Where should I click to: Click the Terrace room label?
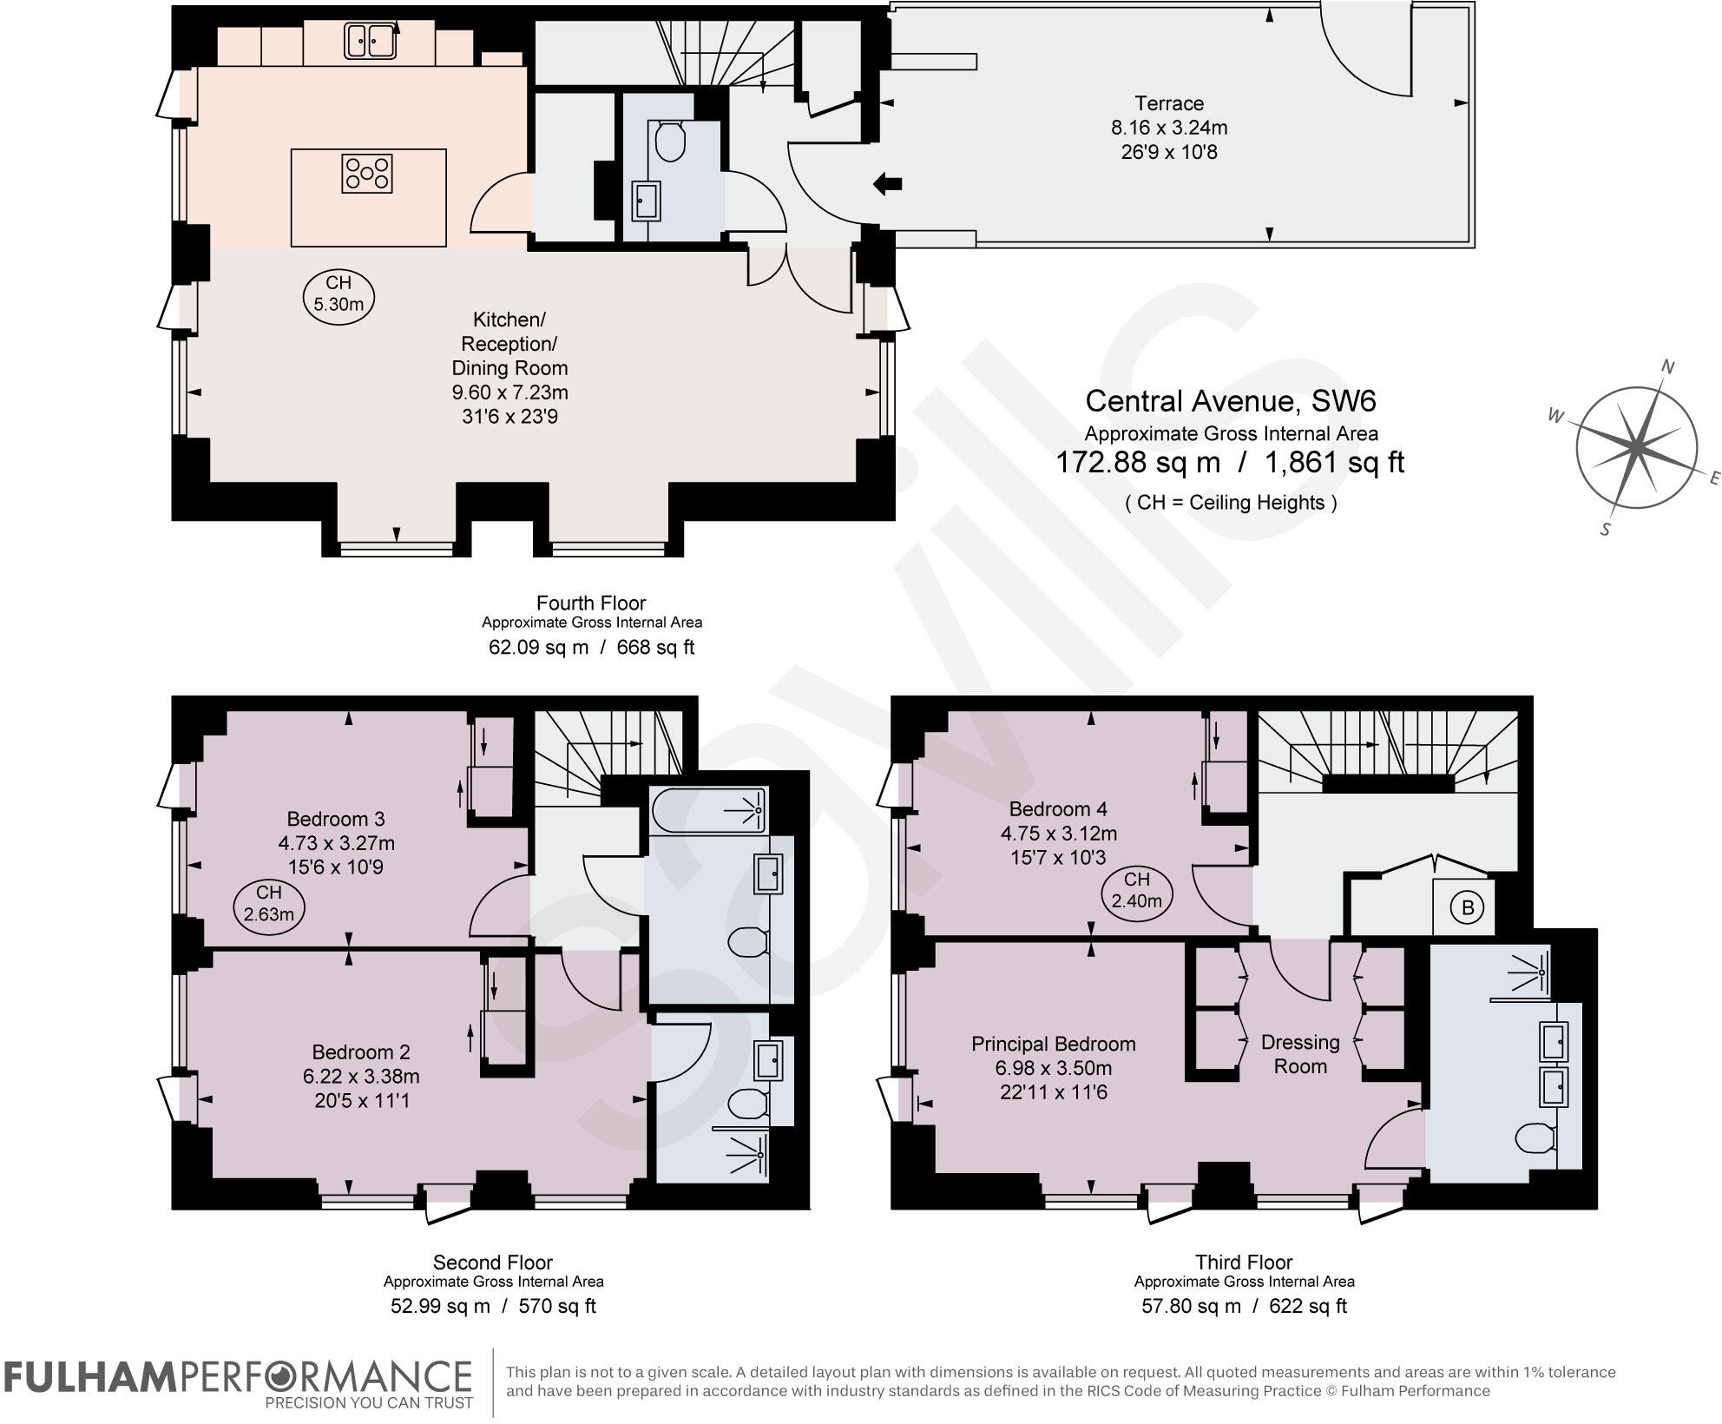[1168, 103]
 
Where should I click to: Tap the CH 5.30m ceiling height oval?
[338, 293]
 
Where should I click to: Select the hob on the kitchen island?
[367, 173]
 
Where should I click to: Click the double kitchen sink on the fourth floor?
[371, 41]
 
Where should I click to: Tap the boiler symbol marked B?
[1468, 908]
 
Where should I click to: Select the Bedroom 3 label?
[336, 819]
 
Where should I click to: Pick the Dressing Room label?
[1299, 1054]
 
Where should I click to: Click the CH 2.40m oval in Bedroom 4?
[1137, 891]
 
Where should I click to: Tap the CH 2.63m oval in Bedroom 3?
[269, 903]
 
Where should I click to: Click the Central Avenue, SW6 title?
[1230, 401]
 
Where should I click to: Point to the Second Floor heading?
[492, 1262]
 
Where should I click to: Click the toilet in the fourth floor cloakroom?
[670, 142]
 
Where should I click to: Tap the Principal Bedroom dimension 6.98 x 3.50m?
[1054, 1068]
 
